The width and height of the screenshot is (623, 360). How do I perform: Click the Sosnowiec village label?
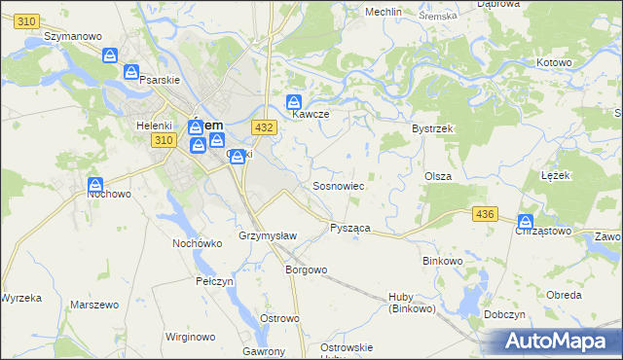[x=338, y=185]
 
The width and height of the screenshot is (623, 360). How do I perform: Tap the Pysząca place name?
[x=349, y=227]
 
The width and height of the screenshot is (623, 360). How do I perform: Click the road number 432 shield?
[x=263, y=127]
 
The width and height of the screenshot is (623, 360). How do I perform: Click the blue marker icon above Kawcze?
[x=294, y=102]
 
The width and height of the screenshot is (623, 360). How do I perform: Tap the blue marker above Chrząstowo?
[x=527, y=222]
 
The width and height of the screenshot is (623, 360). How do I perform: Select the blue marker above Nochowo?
[x=95, y=185]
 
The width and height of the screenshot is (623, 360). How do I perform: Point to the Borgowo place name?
[x=305, y=270]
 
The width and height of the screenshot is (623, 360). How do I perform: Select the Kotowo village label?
[x=554, y=62]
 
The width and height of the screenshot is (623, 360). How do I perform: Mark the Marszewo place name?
[x=94, y=305]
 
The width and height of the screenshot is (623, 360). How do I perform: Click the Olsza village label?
[x=437, y=175]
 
